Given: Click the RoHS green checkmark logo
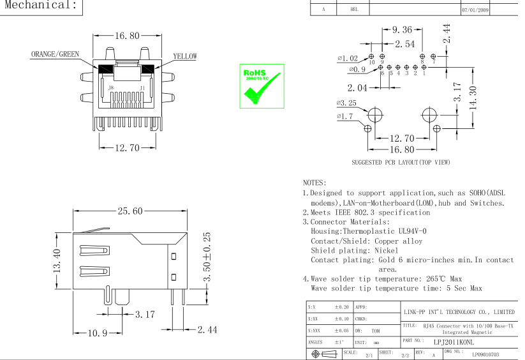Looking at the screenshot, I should click(261, 86).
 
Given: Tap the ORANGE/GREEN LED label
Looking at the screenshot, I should click(55, 54).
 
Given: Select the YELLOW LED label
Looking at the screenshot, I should click(185, 56).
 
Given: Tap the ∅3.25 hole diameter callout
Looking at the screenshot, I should click(346, 103).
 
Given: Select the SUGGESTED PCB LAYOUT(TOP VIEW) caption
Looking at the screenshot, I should click(401, 162).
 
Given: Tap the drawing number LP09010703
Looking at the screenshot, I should click(485, 353).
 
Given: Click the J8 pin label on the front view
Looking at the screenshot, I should click(111, 87).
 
